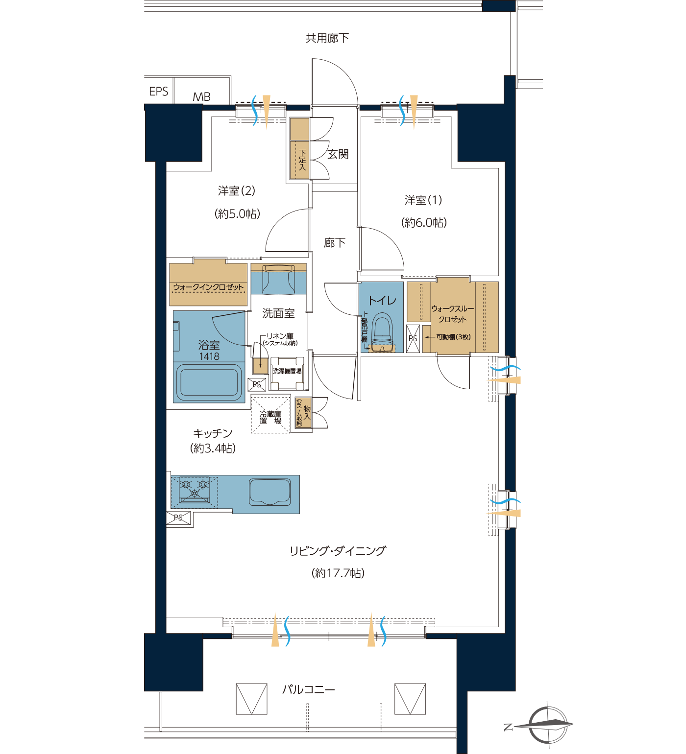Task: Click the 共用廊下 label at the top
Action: [327, 38]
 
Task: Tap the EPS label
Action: [159, 92]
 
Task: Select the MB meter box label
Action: [201, 97]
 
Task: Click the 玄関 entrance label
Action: [338, 154]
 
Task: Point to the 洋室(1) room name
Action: [423, 200]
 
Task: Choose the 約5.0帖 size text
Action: [237, 213]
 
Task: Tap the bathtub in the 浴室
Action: [209, 382]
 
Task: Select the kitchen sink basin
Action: [270, 492]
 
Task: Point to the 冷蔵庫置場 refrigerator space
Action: [270, 415]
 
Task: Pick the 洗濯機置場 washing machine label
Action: [287, 371]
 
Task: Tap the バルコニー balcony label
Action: [309, 690]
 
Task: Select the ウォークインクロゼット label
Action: [208, 287]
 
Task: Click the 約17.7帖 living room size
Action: [338, 573]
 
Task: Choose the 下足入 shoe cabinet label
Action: [302, 160]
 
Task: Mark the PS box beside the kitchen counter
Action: [178, 518]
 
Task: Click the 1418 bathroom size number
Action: [209, 356]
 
